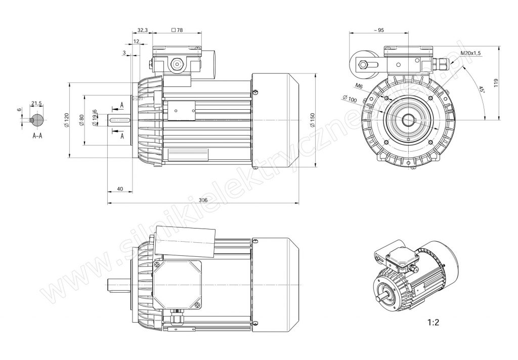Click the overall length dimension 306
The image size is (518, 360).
click(203, 200)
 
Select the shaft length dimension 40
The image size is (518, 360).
click(120, 189)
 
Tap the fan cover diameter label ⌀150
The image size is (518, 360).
click(312, 120)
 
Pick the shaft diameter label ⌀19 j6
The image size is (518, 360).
click(95, 118)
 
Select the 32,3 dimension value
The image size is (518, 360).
click(142, 30)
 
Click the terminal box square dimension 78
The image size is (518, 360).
click(178, 30)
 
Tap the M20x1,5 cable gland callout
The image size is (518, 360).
click(470, 53)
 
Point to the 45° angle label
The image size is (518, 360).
click(482, 89)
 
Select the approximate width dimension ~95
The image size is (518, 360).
click(379, 30)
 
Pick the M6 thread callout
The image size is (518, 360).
click(359, 86)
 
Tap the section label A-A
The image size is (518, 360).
click(37, 136)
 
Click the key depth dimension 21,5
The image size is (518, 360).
click(36, 103)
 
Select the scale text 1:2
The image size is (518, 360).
click(433, 323)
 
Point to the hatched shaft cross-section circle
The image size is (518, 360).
click(36, 120)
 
